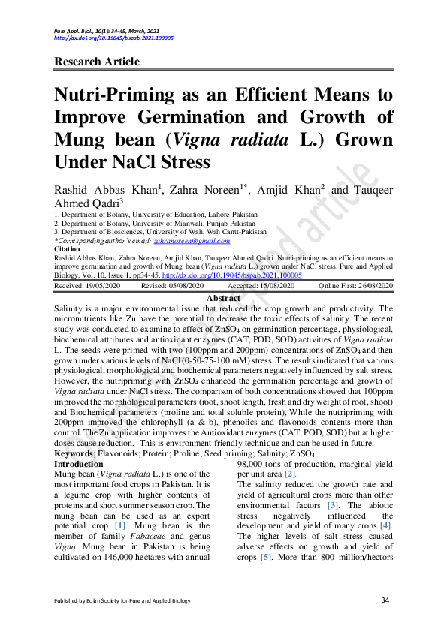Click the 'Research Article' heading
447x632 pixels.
[101, 62]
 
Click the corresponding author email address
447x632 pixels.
[192, 241]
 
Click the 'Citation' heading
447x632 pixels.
[68, 248]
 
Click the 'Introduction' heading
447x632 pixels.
[80, 465]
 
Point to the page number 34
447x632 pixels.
[386, 600]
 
